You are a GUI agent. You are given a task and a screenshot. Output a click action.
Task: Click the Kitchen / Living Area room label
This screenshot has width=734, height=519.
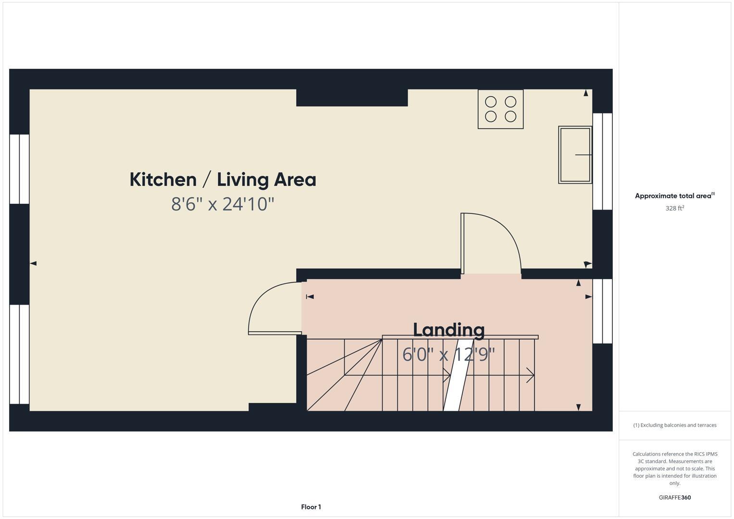coord(223,180)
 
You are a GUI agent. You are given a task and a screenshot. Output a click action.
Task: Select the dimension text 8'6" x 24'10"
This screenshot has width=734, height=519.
coord(223,204)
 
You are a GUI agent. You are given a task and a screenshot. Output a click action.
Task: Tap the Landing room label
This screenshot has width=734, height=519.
coord(448,330)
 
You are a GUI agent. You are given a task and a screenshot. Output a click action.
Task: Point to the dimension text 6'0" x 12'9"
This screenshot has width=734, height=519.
coord(448,355)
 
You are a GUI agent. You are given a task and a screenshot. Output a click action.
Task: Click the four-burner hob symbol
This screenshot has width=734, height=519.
coord(500,109)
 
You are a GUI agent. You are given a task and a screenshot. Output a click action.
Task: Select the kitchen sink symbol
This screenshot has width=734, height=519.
coord(575,155)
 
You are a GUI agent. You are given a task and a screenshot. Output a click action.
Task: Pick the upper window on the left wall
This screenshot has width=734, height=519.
coord(20,169)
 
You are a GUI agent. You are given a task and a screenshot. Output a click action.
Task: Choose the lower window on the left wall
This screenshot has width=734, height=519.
coord(20,354)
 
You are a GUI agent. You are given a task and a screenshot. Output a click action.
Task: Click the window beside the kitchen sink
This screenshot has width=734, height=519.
coord(602,161)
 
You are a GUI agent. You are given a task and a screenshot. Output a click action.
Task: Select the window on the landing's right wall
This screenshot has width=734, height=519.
coord(602,311)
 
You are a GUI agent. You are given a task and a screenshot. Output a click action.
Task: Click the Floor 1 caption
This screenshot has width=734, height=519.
coord(311,507)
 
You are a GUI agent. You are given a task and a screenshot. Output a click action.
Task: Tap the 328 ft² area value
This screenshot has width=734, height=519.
coord(674,208)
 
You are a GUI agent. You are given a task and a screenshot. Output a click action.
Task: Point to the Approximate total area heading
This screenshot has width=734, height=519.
coord(674,196)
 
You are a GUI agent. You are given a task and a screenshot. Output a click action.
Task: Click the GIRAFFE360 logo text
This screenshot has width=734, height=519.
coord(674,497)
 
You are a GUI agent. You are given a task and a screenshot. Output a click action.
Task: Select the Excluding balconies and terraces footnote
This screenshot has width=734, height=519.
coord(674,425)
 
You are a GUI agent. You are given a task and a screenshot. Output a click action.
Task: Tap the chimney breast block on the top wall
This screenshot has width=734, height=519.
coord(352,98)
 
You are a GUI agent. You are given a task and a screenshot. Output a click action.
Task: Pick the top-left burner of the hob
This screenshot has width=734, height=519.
coord(491,102)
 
